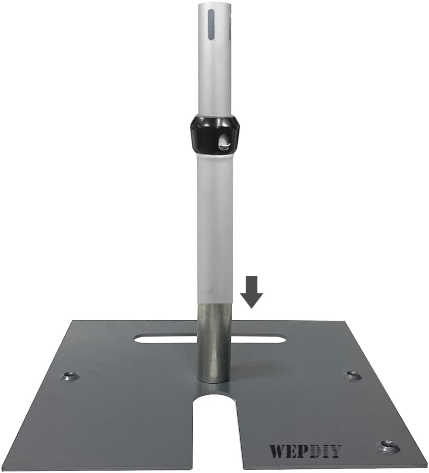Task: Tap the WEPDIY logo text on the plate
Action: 305,451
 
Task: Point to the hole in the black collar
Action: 223,142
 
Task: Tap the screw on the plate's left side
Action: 70,376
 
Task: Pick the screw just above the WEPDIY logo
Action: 388,446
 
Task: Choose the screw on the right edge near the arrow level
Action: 353,375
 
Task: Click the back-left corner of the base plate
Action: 74,322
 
